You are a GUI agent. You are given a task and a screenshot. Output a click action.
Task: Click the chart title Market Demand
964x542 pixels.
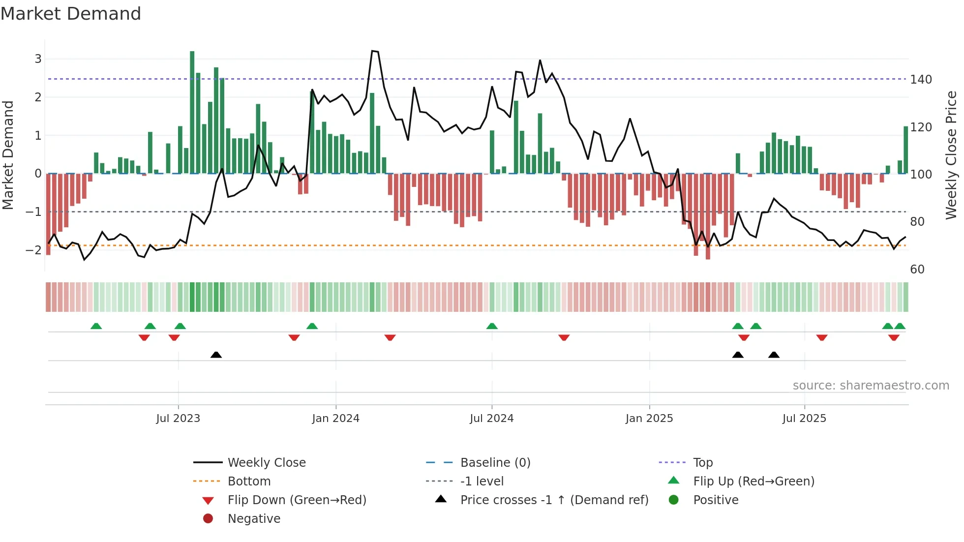71,14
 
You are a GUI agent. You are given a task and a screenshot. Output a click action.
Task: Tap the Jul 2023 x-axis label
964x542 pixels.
178,419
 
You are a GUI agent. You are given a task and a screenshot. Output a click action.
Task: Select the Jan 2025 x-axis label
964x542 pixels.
649,419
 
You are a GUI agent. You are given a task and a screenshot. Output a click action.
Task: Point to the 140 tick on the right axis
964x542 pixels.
921,80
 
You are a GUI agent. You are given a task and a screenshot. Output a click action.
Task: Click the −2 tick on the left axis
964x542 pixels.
33,250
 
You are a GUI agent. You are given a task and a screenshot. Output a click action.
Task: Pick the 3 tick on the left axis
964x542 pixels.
38,59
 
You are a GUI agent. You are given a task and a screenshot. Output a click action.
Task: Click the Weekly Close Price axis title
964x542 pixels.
951,155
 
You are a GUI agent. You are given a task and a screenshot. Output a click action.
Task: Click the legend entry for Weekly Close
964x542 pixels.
266,463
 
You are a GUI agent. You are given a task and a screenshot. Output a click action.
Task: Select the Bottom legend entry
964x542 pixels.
249,482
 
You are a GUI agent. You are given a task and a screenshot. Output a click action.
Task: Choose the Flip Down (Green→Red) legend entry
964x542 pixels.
297,500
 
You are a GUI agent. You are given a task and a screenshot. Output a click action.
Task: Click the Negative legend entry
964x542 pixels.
254,519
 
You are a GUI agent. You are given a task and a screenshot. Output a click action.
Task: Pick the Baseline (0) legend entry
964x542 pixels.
495,463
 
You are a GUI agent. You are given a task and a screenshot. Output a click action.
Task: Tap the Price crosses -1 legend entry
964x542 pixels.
554,500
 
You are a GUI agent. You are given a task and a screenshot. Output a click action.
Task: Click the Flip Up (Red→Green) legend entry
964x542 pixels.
753,482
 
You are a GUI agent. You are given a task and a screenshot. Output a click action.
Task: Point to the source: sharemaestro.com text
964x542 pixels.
871,386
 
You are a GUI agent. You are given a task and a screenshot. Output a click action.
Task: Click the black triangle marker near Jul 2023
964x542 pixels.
216,355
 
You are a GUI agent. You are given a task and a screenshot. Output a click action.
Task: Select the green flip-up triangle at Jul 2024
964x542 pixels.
492,326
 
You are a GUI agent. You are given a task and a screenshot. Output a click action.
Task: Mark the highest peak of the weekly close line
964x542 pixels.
373,51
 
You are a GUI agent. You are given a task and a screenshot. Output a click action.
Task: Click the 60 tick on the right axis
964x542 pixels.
917,270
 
